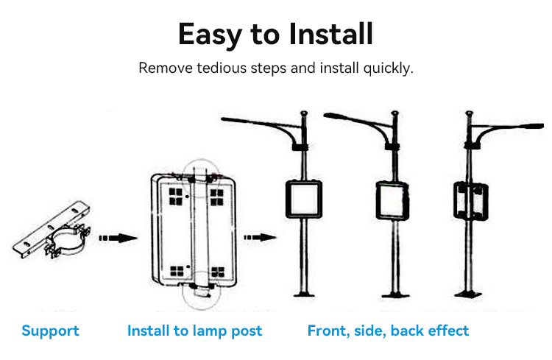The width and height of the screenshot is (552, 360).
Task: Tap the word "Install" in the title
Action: pos(330,35)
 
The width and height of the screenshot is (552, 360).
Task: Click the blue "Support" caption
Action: pos(50,331)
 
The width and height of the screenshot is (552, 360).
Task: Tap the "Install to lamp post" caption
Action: pos(194,331)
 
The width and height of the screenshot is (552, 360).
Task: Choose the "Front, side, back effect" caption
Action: pos(388,331)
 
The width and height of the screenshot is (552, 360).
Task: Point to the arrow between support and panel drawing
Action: pos(118,238)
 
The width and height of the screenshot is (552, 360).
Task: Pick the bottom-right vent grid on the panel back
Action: pos(218,270)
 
